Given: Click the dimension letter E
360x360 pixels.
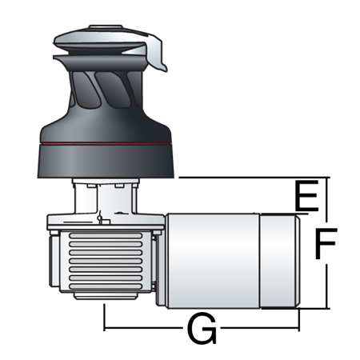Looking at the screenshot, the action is coord(306,196).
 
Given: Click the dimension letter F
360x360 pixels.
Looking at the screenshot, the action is coord(326,243).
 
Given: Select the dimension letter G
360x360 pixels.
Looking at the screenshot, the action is coord(202,328).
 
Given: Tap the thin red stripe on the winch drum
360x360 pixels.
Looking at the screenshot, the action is coord(105,144).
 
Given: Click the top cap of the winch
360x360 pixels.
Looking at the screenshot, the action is coord(106,26).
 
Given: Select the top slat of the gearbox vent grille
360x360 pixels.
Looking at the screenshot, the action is coord(106,235).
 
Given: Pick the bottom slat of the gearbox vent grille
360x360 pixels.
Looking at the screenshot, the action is coord(106,286).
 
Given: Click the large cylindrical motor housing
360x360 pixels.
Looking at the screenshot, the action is coord(213,261).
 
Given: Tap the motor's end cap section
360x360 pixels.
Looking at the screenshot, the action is coord(280,262).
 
